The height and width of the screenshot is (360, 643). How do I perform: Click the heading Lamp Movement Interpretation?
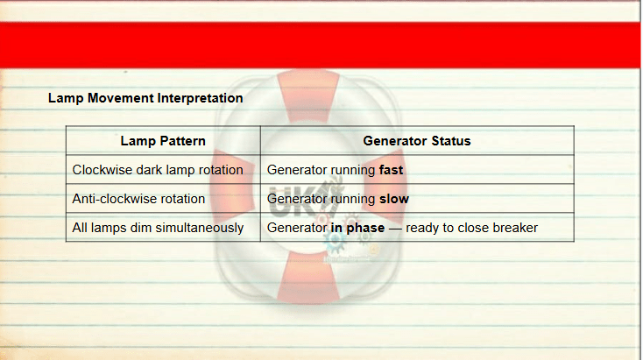pos(145,98)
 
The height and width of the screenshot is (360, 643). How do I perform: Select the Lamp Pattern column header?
pos(163,141)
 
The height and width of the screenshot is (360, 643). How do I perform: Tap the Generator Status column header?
pos(417,141)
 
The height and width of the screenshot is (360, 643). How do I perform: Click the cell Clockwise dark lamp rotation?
pos(158,170)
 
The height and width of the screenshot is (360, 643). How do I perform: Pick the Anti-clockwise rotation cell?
pos(138,199)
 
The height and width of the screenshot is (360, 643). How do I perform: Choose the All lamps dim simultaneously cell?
pos(158,228)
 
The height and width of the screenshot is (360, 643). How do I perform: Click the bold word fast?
pos(392,170)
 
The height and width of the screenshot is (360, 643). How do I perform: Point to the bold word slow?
pos(394,199)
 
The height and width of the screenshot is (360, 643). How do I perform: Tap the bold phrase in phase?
pos(357,228)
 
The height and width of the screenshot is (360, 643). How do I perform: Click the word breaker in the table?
pos(515,228)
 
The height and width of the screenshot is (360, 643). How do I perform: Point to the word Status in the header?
pos(451,141)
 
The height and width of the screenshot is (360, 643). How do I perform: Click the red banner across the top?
pos(320,45)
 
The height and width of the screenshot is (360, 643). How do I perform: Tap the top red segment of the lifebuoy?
pos(308,96)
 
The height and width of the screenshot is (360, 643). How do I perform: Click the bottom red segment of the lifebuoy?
pos(308,277)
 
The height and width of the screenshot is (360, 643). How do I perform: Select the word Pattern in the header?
pos(182,141)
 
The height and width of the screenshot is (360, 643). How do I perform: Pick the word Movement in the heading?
pos(121,98)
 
